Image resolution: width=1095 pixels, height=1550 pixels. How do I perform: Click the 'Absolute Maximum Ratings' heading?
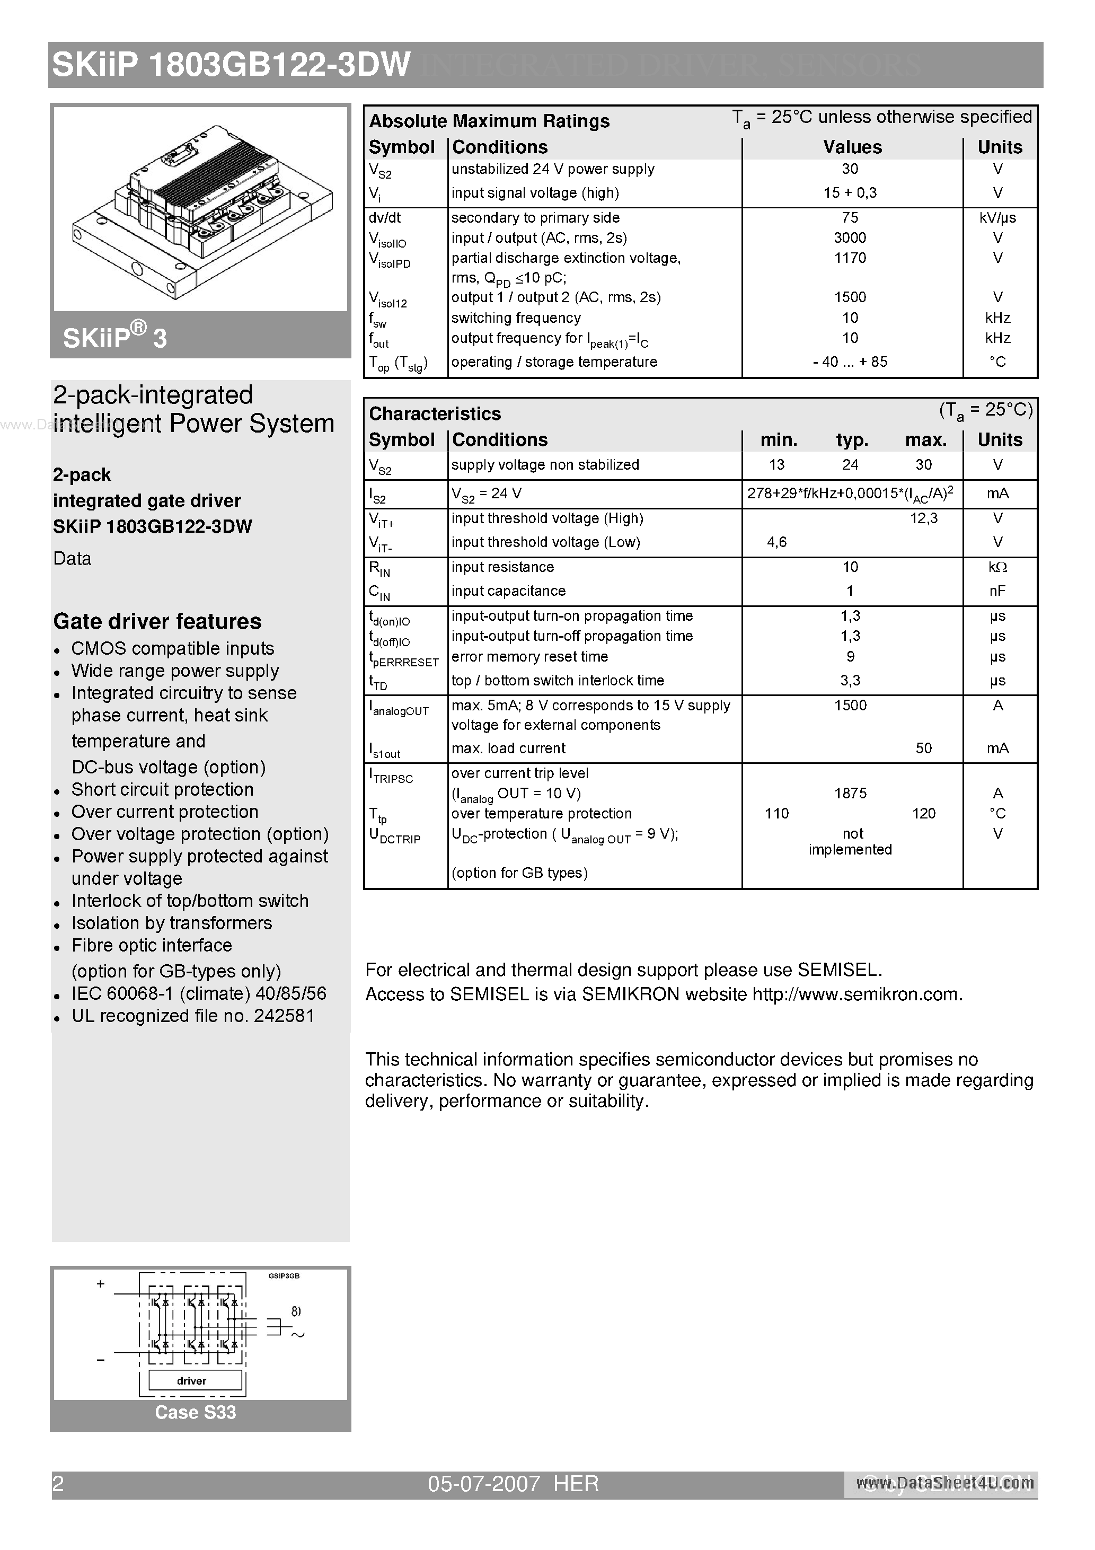point(489,121)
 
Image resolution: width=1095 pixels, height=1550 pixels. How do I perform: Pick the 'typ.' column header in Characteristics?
point(851,440)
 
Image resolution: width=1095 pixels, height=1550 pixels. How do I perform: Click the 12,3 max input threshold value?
point(923,518)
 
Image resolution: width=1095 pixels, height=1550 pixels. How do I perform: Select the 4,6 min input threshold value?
point(776,542)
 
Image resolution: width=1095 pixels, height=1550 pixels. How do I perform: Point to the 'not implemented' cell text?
point(850,842)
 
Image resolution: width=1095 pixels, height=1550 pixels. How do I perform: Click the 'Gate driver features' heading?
point(157,621)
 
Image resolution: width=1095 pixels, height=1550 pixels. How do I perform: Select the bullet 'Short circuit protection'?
point(162,789)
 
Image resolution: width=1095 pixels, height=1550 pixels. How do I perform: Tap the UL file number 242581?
point(284,1016)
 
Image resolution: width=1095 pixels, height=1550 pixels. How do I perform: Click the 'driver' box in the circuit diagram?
point(192,1380)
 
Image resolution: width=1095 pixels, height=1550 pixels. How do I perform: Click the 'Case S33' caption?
point(195,1412)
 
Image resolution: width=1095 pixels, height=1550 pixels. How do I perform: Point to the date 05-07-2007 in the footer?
point(483,1484)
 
